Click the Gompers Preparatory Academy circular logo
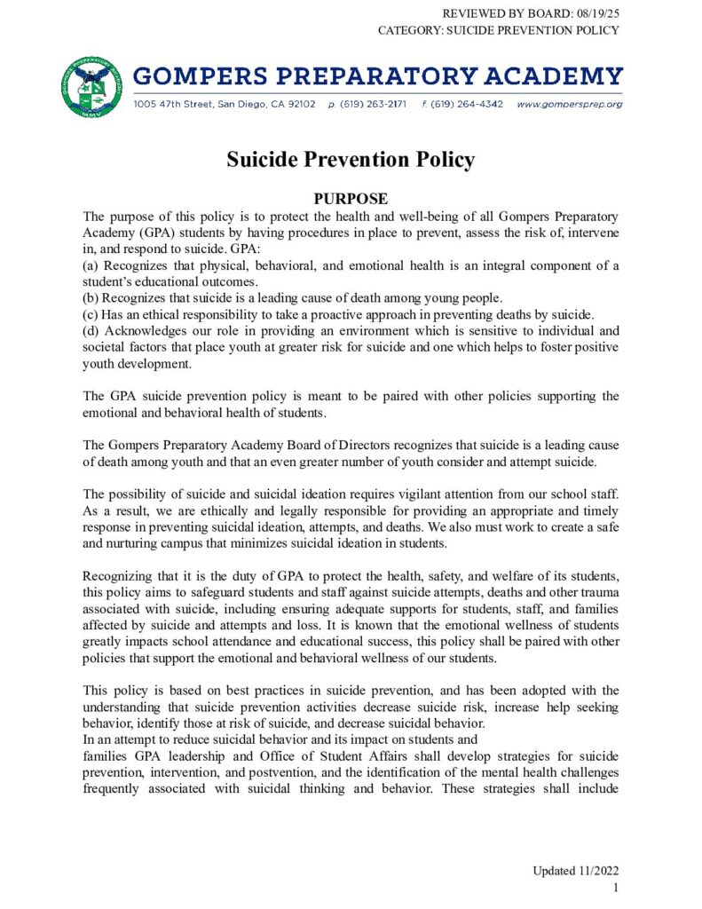pyautogui.click(x=92, y=87)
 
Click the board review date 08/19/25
pyautogui.click(x=588, y=12)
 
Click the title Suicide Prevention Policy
pyautogui.click(x=351, y=160)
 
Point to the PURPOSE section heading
pyautogui.click(x=351, y=199)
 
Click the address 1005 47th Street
pyautogui.click(x=172, y=104)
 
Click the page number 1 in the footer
pyautogui.click(x=615, y=887)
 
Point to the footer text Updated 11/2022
pyautogui.click(x=575, y=871)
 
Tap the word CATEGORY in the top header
pyautogui.click(x=408, y=30)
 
